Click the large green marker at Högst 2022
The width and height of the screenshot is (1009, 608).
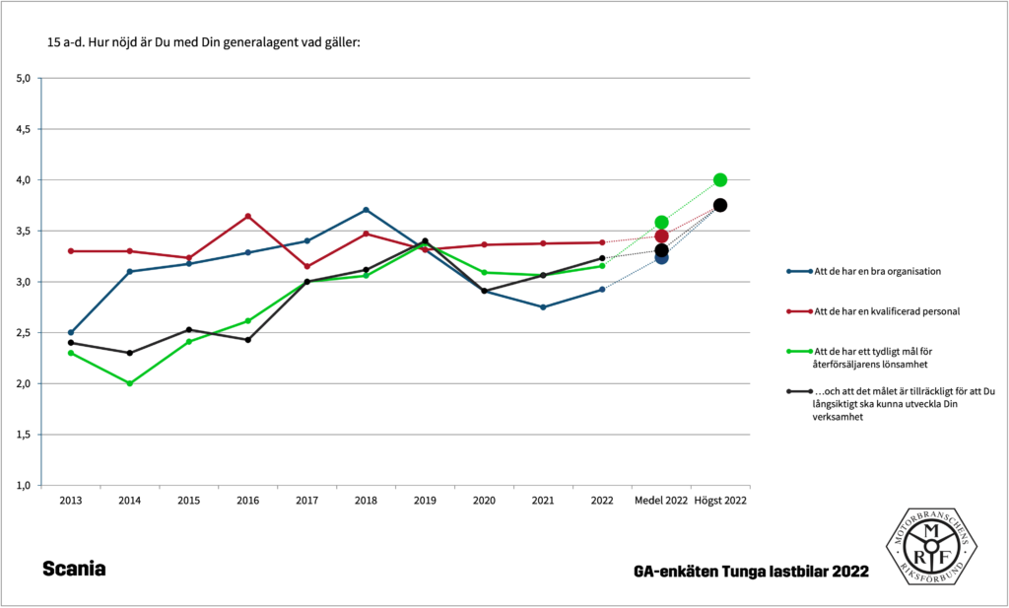click(x=720, y=179)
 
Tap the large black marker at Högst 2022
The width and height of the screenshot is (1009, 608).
click(x=720, y=205)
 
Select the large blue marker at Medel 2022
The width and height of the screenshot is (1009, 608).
click(x=661, y=257)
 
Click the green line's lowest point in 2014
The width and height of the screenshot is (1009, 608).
click(x=129, y=383)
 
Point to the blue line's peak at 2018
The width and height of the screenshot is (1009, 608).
click(x=366, y=210)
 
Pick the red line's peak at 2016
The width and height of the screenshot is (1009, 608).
click(x=247, y=216)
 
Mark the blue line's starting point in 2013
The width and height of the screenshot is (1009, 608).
click(x=70, y=332)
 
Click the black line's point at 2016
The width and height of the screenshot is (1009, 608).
click(x=247, y=340)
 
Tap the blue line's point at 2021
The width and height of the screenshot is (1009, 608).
click(x=543, y=307)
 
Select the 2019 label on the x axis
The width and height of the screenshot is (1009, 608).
click(x=425, y=501)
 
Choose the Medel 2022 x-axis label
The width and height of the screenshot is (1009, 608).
click(x=661, y=501)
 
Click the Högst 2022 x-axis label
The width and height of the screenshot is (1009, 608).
click(x=720, y=501)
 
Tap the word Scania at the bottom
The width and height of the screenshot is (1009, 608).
click(x=74, y=570)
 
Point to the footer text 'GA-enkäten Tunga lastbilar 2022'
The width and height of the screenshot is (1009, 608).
click(x=752, y=572)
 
